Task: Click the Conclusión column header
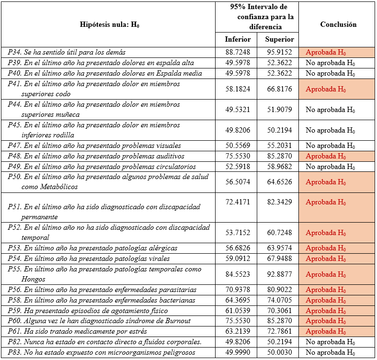pyautogui.click(x=338, y=24)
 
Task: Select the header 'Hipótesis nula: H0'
pyautogui.click(x=113, y=24)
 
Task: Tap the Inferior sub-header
pyautogui.click(x=238, y=39)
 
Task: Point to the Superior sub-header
pyautogui.click(x=279, y=39)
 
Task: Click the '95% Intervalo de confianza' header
pyautogui.click(x=258, y=17)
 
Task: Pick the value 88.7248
pyautogui.click(x=238, y=52)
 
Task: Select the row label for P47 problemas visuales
pyautogui.click(x=94, y=146)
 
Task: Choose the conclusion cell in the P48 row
pyautogui.click(x=337, y=156)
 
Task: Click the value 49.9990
pyautogui.click(x=238, y=352)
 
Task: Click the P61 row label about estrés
pyautogui.click(x=77, y=331)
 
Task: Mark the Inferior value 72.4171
pyautogui.click(x=238, y=202)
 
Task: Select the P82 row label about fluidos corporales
pyautogui.click(x=104, y=342)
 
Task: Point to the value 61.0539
pyautogui.click(x=238, y=310)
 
